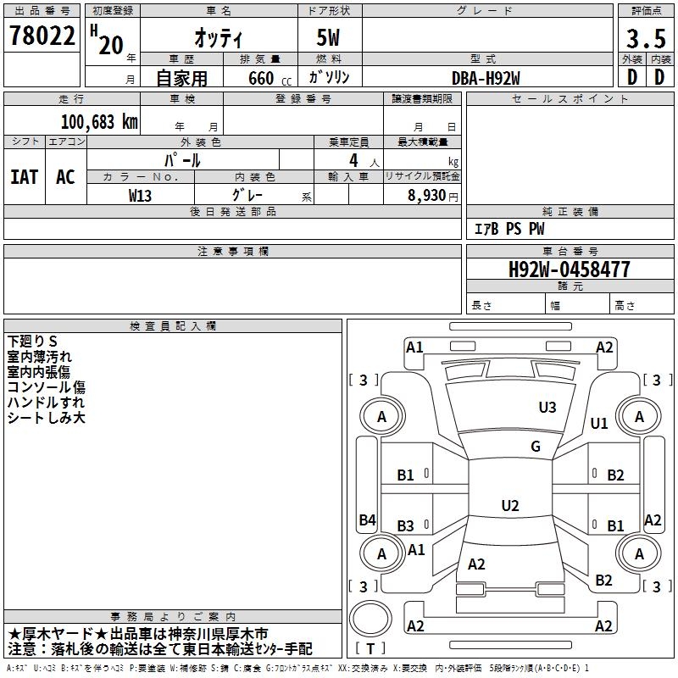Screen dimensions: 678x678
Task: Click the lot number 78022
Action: (42, 36)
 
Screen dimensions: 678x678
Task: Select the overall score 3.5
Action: (646, 39)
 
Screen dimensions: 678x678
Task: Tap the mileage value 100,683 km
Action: (99, 122)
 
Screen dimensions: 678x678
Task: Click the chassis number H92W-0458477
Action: (569, 270)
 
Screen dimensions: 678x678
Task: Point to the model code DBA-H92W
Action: (486, 78)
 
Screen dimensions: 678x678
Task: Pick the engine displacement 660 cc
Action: (270, 78)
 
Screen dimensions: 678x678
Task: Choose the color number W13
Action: (140, 196)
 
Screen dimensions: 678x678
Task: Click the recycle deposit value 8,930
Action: (427, 195)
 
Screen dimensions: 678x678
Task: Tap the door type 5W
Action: (328, 37)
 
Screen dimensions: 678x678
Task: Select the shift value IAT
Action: (25, 177)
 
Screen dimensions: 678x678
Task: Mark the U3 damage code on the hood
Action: (547, 407)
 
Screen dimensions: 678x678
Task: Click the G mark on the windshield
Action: (536, 446)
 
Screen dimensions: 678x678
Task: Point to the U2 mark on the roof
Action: (510, 505)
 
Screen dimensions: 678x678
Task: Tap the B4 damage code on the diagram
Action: (368, 520)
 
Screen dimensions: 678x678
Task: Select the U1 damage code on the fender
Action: (599, 423)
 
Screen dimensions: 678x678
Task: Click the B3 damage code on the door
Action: (406, 525)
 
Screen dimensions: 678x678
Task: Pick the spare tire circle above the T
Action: (370, 619)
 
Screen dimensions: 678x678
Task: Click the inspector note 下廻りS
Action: (32, 342)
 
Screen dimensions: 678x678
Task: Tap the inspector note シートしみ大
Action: (46, 418)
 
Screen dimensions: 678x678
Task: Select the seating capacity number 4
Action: (353, 160)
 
